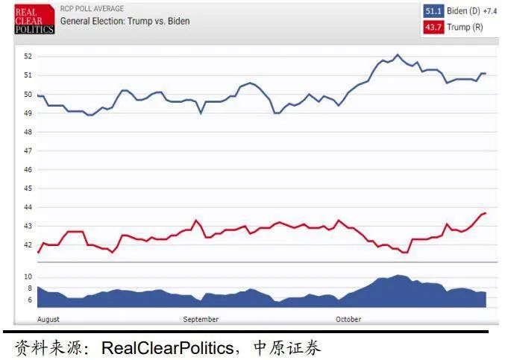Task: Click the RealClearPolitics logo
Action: pos(35,20)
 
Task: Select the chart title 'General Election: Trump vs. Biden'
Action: pos(125,22)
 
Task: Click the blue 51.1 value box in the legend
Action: pos(433,11)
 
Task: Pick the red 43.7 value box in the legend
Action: pos(433,27)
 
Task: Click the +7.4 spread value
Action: pos(489,11)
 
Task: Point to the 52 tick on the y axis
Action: pos(28,57)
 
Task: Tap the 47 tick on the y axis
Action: pos(28,151)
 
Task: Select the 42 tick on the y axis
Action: pos(28,244)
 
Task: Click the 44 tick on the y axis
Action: pos(28,207)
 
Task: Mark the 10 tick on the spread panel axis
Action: pos(29,277)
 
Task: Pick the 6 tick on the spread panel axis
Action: pos(30,300)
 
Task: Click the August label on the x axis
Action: pos(48,319)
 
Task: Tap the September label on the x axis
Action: pos(201,319)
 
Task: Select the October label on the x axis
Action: pos(348,319)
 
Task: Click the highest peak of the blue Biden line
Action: pos(397,54)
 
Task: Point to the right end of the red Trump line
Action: pos(486,213)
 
